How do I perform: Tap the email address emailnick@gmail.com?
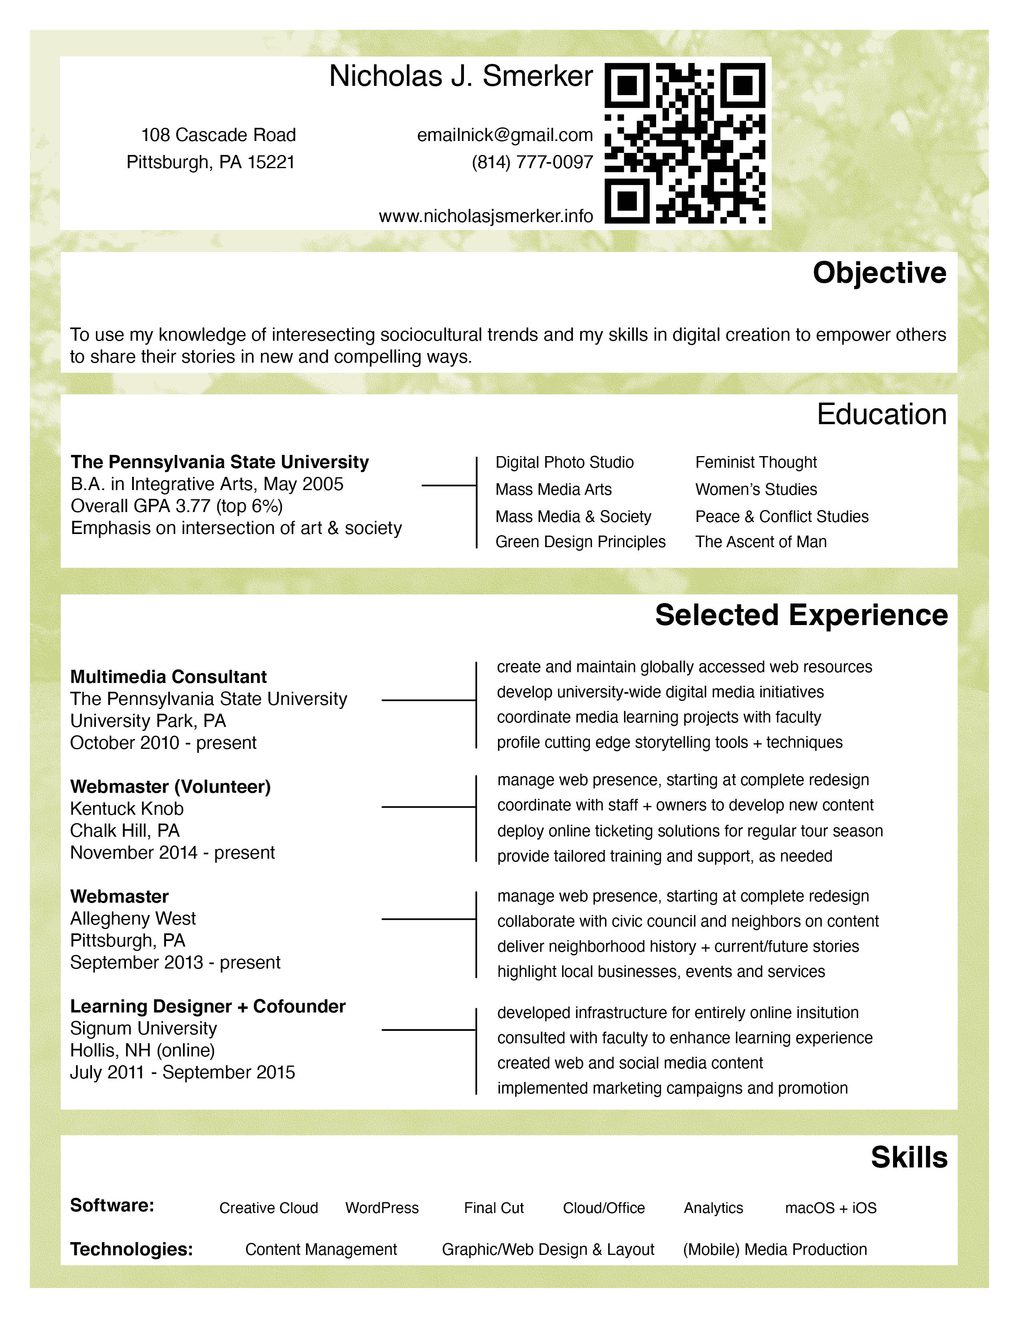[505, 135]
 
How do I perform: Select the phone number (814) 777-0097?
[532, 162]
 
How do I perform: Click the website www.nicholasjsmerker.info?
[486, 216]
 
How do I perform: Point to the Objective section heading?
[879, 273]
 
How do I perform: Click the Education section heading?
[882, 415]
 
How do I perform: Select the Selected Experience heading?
[801, 615]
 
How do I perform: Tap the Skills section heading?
[909, 1157]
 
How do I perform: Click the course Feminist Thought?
[756, 462]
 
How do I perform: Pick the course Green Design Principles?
[580, 542]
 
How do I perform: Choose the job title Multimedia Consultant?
[168, 677]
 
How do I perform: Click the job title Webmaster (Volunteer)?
[170, 786]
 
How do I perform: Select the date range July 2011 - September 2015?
[182, 1072]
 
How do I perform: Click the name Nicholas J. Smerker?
[461, 77]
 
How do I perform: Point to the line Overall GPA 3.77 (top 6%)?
[176, 506]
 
